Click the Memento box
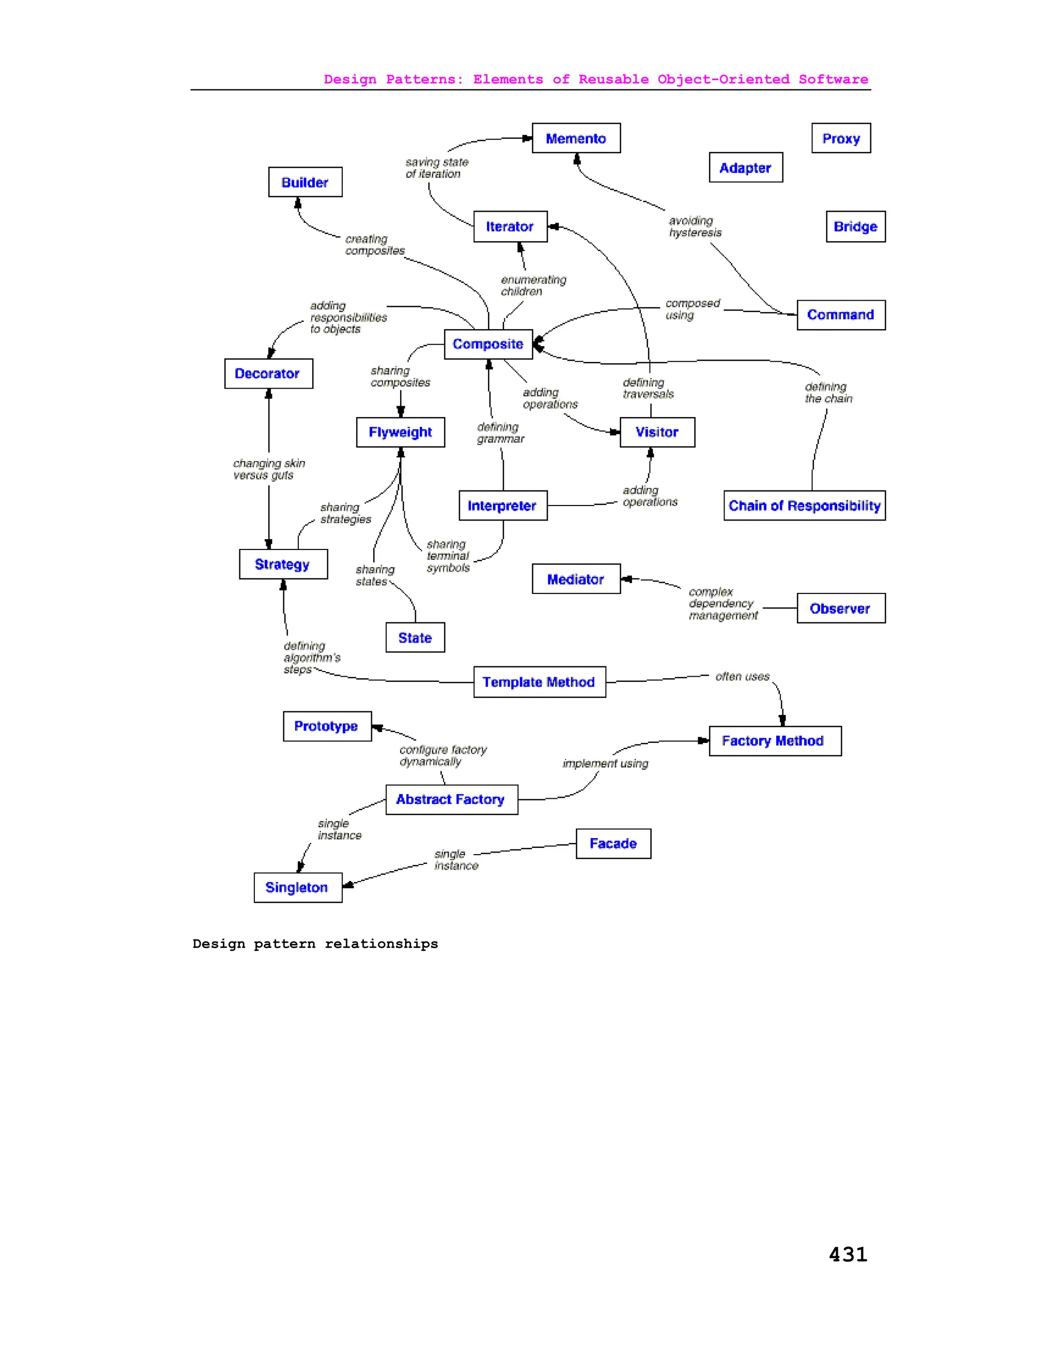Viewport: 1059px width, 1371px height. [x=576, y=138]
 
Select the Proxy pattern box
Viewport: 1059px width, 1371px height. [x=841, y=138]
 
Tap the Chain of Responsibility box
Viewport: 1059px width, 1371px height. [x=804, y=505]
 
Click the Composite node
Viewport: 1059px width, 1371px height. [x=488, y=344]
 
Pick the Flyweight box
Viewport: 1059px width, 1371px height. [x=400, y=432]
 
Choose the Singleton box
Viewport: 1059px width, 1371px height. [x=297, y=887]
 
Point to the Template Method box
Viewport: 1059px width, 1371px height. [x=539, y=682]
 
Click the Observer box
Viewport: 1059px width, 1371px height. [x=841, y=608]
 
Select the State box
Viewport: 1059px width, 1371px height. [x=415, y=637]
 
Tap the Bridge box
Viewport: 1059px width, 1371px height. [x=855, y=227]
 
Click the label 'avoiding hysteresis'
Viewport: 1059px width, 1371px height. [x=694, y=227]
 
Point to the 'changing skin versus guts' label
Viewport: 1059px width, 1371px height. [x=268, y=469]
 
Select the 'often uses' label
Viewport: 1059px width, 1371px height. [x=742, y=676]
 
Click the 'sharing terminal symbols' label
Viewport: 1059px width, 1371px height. [x=448, y=556]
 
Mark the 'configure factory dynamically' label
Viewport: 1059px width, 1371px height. [x=442, y=755]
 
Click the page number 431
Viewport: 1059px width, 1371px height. [x=848, y=1254]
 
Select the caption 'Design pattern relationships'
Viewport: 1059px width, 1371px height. [x=315, y=944]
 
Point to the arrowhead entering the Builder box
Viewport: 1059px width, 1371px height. [x=298, y=202]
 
